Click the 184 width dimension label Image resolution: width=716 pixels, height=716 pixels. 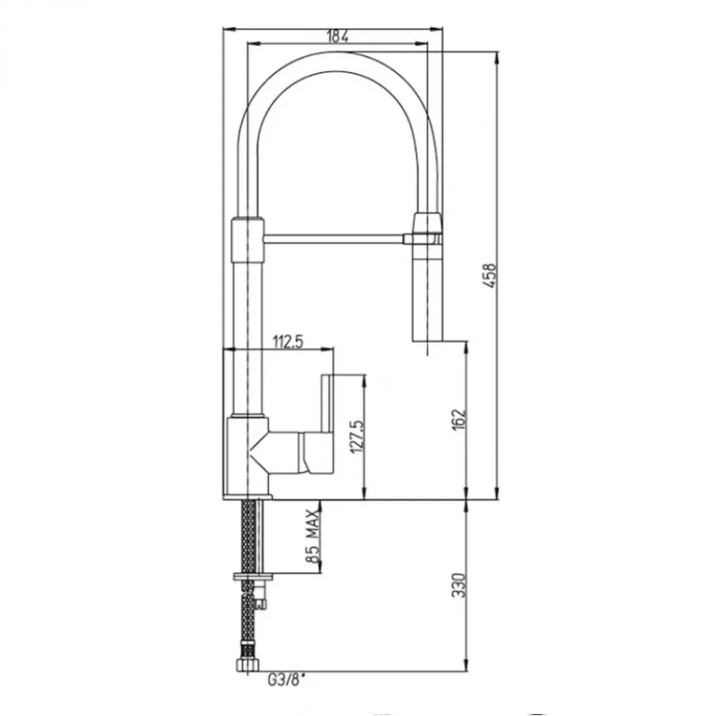[x=338, y=37]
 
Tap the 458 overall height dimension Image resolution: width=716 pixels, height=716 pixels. [x=490, y=275]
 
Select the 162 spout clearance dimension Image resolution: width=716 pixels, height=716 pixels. [x=460, y=418]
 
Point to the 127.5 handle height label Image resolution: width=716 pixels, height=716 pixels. [x=357, y=436]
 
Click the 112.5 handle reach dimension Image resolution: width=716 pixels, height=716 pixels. [x=288, y=342]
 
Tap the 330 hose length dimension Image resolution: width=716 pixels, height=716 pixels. [x=458, y=585]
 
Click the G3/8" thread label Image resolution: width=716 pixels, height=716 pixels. [x=286, y=681]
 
